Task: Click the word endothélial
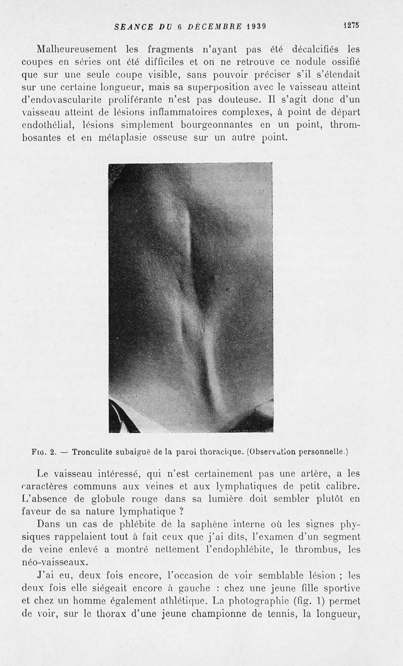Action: [x=45, y=124]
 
